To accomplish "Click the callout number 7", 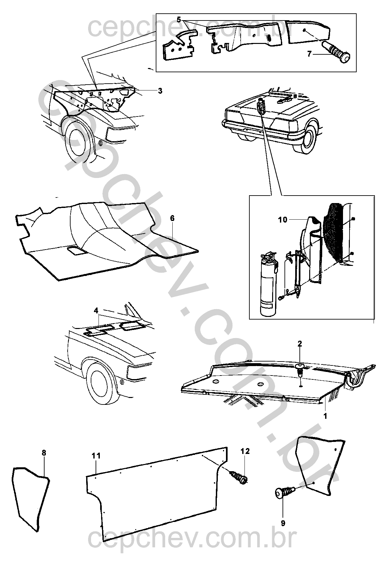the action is click(309, 54).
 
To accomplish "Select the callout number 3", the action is click(160, 91).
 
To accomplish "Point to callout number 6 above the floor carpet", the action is click(172, 218).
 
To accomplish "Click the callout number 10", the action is click(283, 220).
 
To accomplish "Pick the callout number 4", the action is click(96, 311).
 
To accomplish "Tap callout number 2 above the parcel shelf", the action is click(300, 343).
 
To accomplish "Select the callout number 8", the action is click(44, 453).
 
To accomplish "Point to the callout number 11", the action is click(97, 456).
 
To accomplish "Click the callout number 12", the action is click(245, 451).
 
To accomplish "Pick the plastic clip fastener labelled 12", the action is click(239, 477).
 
